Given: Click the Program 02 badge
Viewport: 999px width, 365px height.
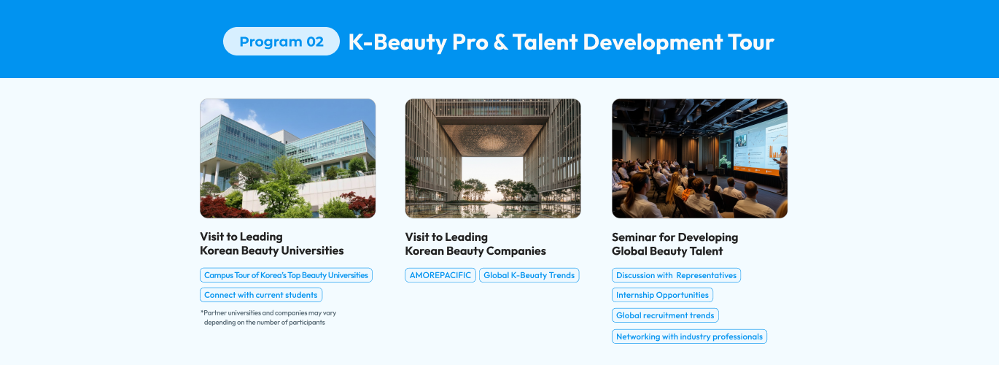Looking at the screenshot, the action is [x=281, y=42].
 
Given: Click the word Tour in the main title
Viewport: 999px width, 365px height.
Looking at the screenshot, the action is [x=751, y=42].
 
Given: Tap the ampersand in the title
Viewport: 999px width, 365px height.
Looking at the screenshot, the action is [x=500, y=42].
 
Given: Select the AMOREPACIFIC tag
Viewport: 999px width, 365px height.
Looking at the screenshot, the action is [x=440, y=275].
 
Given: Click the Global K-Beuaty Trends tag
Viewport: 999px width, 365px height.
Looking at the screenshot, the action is [x=529, y=275].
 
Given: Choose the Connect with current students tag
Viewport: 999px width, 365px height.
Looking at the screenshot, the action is [x=261, y=295].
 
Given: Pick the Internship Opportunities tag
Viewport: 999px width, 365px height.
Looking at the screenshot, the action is [x=662, y=295].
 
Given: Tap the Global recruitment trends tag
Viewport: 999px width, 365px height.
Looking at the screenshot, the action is [x=665, y=315].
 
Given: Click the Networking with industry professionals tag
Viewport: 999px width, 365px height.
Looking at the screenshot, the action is [x=690, y=337].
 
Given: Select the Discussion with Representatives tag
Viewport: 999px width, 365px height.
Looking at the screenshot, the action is [x=676, y=275].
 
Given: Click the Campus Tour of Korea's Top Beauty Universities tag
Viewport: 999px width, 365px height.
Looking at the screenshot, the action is [x=286, y=275].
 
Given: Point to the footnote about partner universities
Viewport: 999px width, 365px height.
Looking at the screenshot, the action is [x=268, y=318].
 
